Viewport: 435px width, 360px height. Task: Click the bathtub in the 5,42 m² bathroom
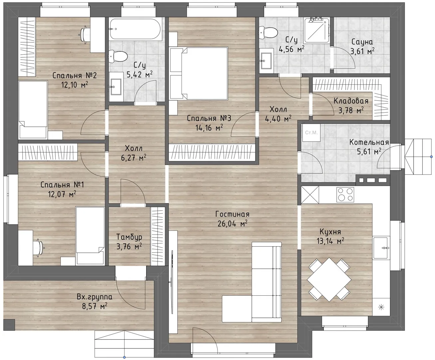pyautogui.click(x=136, y=29)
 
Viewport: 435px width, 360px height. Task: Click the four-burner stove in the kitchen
pyautogui.click(x=345, y=195)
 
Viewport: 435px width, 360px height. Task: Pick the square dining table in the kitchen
pyautogui.click(x=329, y=280)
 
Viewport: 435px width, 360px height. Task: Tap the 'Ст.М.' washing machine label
pyautogui.click(x=311, y=133)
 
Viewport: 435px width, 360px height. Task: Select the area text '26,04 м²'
pyautogui.click(x=232, y=224)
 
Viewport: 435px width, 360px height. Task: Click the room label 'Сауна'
pyautogui.click(x=362, y=42)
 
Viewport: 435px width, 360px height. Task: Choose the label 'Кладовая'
pyautogui.click(x=351, y=101)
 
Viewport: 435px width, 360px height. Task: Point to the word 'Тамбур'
pyautogui.click(x=129, y=237)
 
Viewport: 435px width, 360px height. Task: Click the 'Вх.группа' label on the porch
pyautogui.click(x=95, y=297)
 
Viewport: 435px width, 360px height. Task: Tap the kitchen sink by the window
pyautogui.click(x=381, y=248)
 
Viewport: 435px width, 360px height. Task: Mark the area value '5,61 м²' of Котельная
pyautogui.click(x=369, y=151)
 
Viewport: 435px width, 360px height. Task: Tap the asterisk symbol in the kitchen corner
pyautogui.click(x=381, y=307)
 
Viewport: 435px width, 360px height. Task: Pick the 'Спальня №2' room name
pyautogui.click(x=74, y=75)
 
